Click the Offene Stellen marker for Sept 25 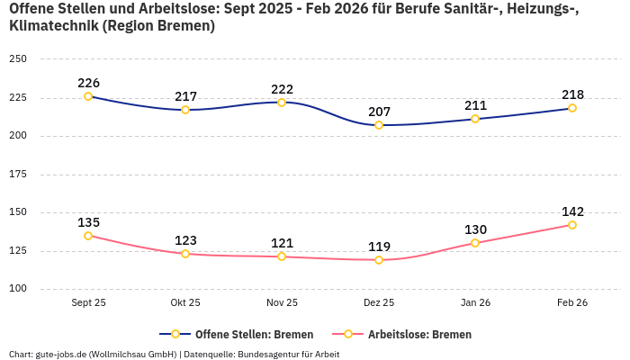click(88, 96)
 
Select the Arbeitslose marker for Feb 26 click(571, 225)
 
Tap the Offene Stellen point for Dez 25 click(379, 125)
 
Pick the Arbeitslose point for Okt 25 click(185, 254)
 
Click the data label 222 click(282, 89)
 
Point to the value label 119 click(379, 247)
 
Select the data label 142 click(572, 211)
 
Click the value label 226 click(88, 83)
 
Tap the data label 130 click(476, 229)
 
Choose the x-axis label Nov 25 click(282, 302)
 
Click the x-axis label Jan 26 click(475, 302)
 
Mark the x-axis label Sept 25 click(88, 302)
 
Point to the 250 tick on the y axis click(18, 59)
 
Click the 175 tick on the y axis click(18, 175)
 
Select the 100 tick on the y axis click(18, 289)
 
